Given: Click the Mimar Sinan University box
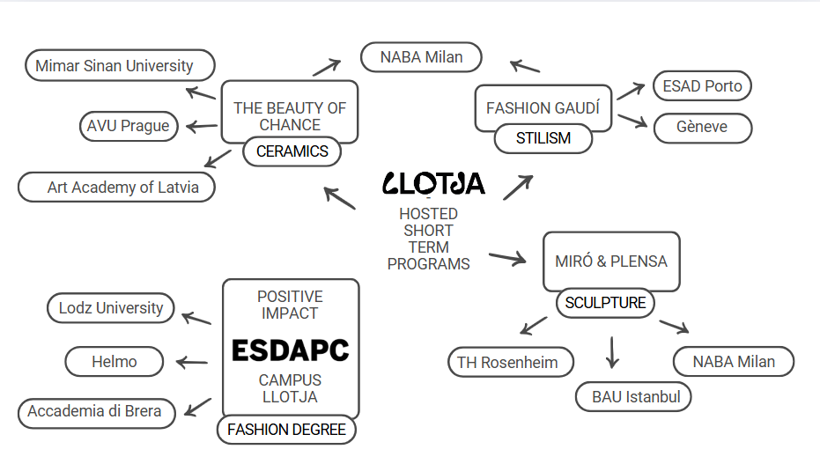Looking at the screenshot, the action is click(120, 65).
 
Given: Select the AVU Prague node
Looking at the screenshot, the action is click(129, 126).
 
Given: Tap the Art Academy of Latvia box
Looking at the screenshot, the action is click(116, 187).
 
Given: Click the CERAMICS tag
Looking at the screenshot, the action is click(292, 151).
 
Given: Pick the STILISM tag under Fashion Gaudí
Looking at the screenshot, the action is click(543, 138).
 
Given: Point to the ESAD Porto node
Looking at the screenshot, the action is click(702, 86).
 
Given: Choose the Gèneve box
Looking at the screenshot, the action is click(703, 128).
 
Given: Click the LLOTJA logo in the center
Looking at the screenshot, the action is click(433, 184).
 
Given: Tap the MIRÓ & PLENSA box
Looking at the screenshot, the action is click(611, 261).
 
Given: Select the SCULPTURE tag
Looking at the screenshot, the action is click(605, 303).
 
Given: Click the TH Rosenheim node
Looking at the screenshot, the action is click(511, 362).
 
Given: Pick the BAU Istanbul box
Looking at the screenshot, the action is click(633, 396).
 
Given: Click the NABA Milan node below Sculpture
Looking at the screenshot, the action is click(734, 362).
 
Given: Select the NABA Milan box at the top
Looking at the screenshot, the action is click(421, 57).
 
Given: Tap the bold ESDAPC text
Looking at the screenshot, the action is click(291, 350).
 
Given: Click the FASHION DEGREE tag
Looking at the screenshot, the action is click(286, 430).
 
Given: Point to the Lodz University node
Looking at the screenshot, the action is click(111, 308).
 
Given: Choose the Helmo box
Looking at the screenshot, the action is click(115, 362).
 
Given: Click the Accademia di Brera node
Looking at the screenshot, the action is click(97, 413).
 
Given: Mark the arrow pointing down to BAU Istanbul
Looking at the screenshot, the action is click(612, 353).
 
